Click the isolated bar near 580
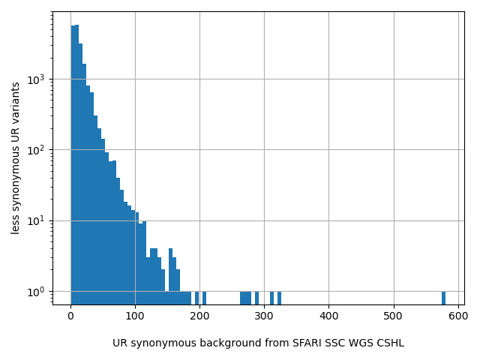(443, 297)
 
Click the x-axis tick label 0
(70, 316)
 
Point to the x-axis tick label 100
(135, 316)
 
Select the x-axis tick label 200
(199, 316)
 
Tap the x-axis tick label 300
(264, 316)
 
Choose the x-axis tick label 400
(328, 316)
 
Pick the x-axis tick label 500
(394, 316)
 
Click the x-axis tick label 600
(458, 316)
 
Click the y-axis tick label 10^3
(35, 79)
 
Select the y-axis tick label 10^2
(35, 150)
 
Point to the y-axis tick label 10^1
(35, 220)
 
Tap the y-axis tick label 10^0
(35, 291)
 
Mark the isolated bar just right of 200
(204, 297)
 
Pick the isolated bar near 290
(256, 297)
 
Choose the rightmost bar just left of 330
(279, 297)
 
